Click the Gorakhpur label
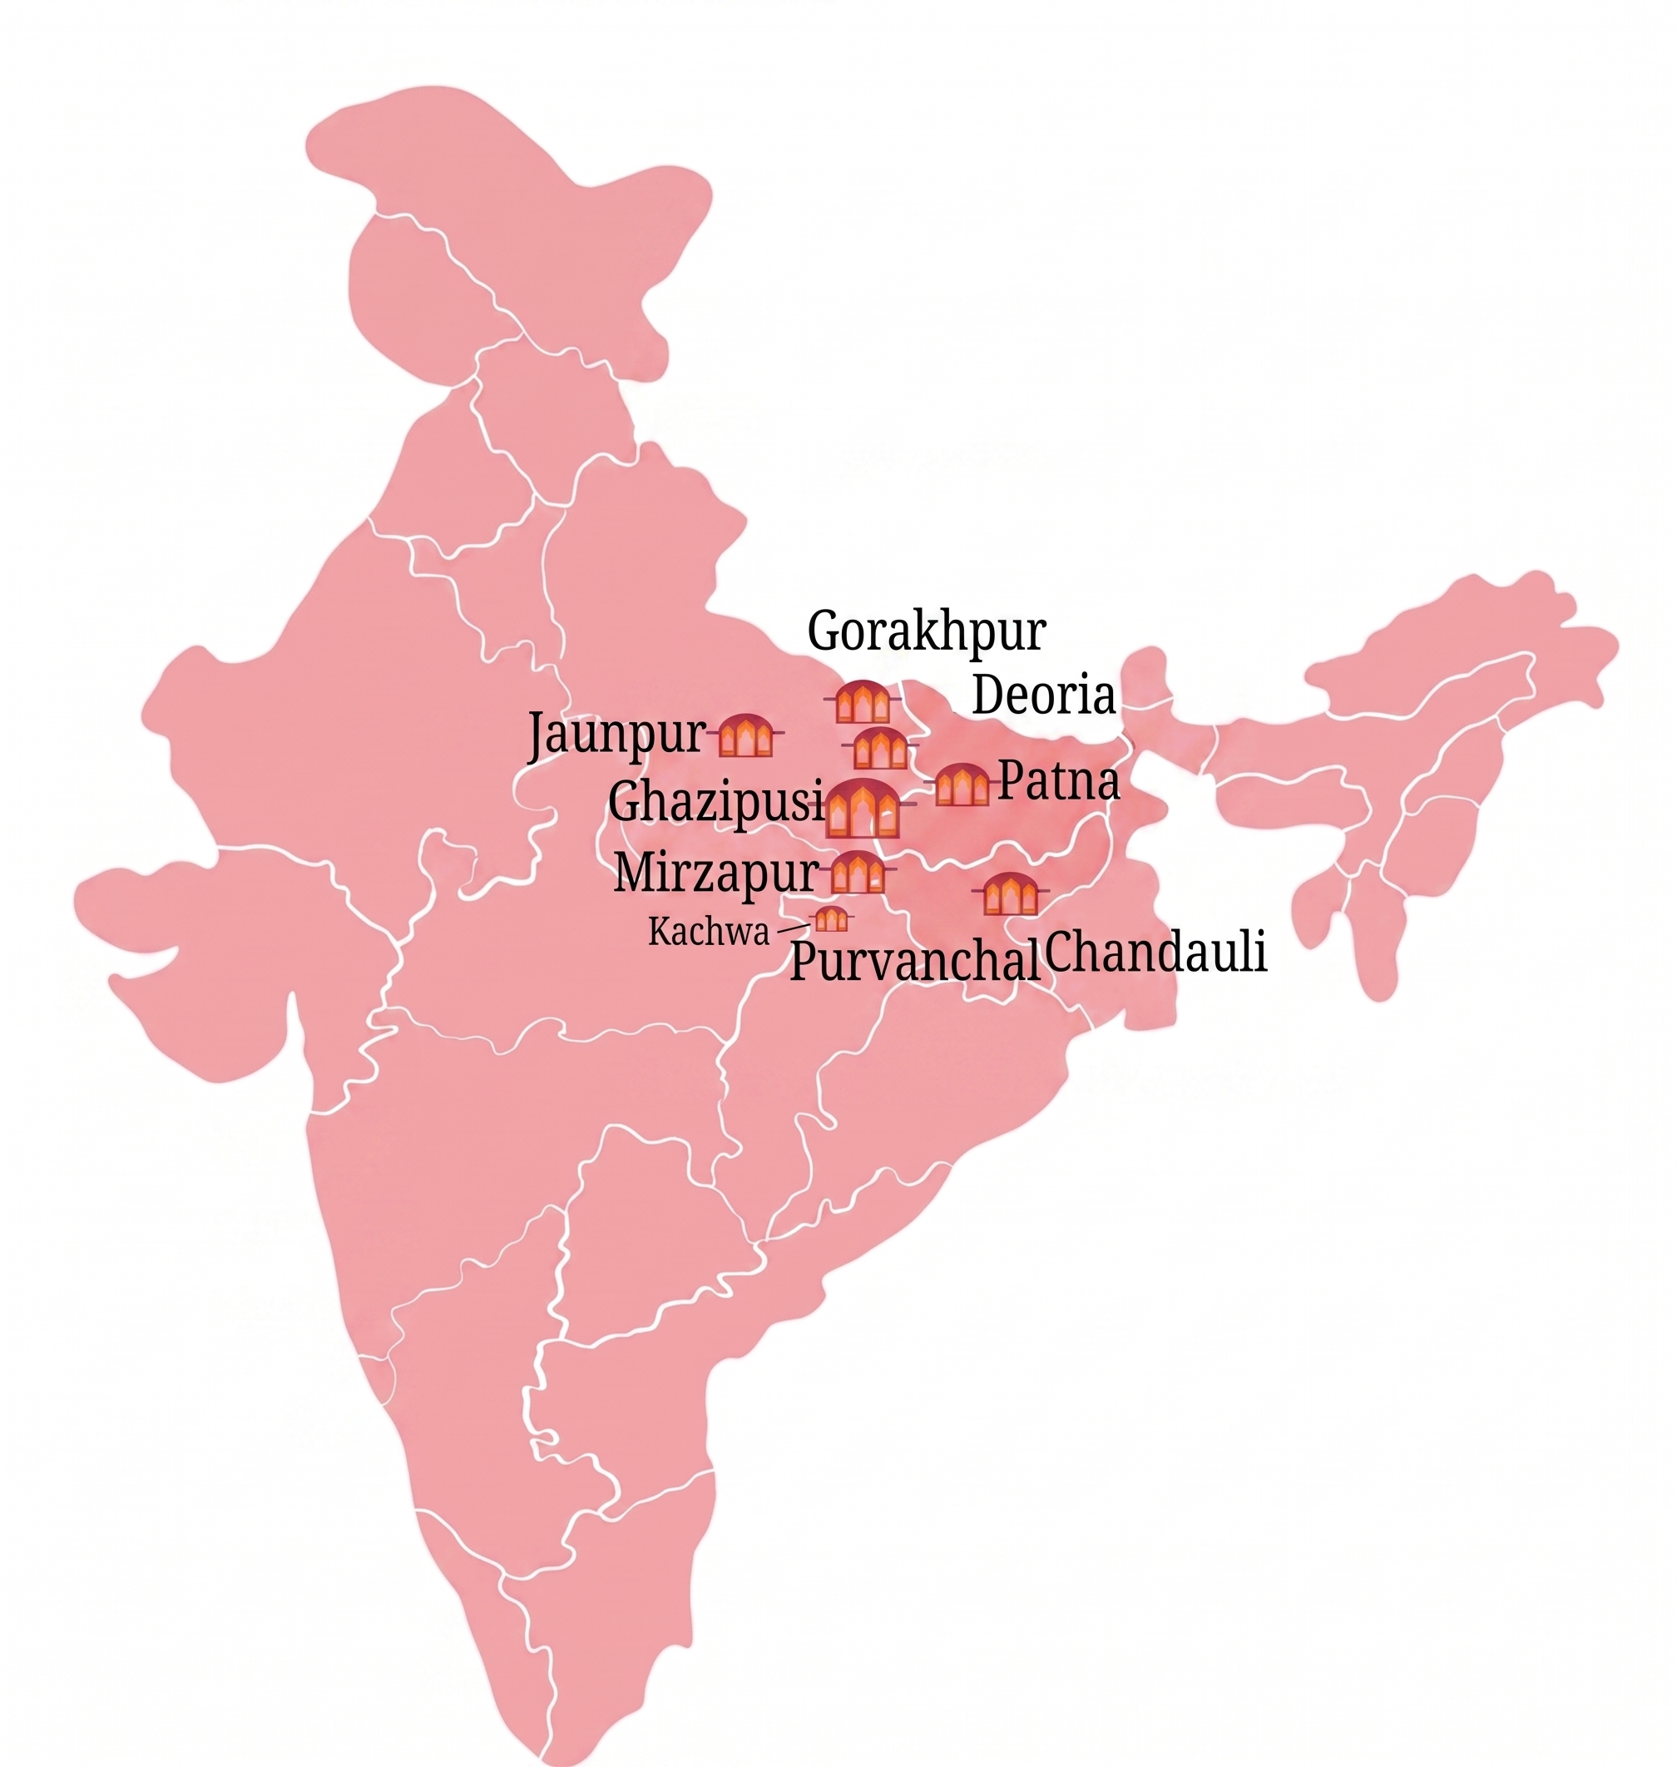tap(926, 633)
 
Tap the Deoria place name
tap(1043, 695)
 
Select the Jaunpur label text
tap(616, 735)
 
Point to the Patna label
tap(1058, 780)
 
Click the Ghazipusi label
tap(715, 801)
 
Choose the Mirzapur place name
tap(715, 873)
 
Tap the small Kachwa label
tap(708, 933)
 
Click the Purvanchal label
tap(914, 963)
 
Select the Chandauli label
tap(1155, 953)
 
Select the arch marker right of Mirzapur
tap(858, 873)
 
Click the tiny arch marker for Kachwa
tap(831, 918)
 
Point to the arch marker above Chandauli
tap(1010, 893)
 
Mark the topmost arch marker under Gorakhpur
tap(863, 702)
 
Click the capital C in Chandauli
tap(1061, 953)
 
